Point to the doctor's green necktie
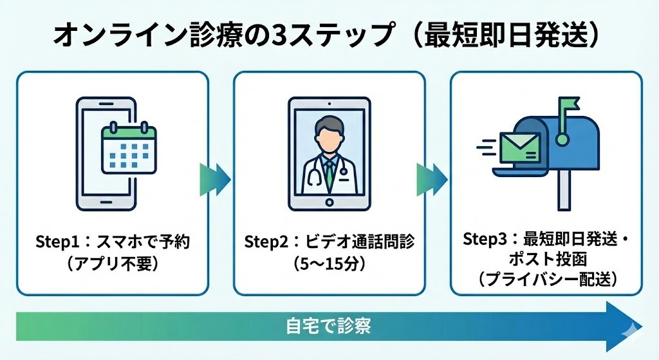pos(329,171)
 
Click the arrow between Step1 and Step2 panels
pos(215,175)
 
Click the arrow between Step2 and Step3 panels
pos(432,175)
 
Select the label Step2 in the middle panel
pos(265,242)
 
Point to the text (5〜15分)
pos(329,264)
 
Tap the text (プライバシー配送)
pos(546,280)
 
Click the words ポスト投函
pos(546,260)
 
